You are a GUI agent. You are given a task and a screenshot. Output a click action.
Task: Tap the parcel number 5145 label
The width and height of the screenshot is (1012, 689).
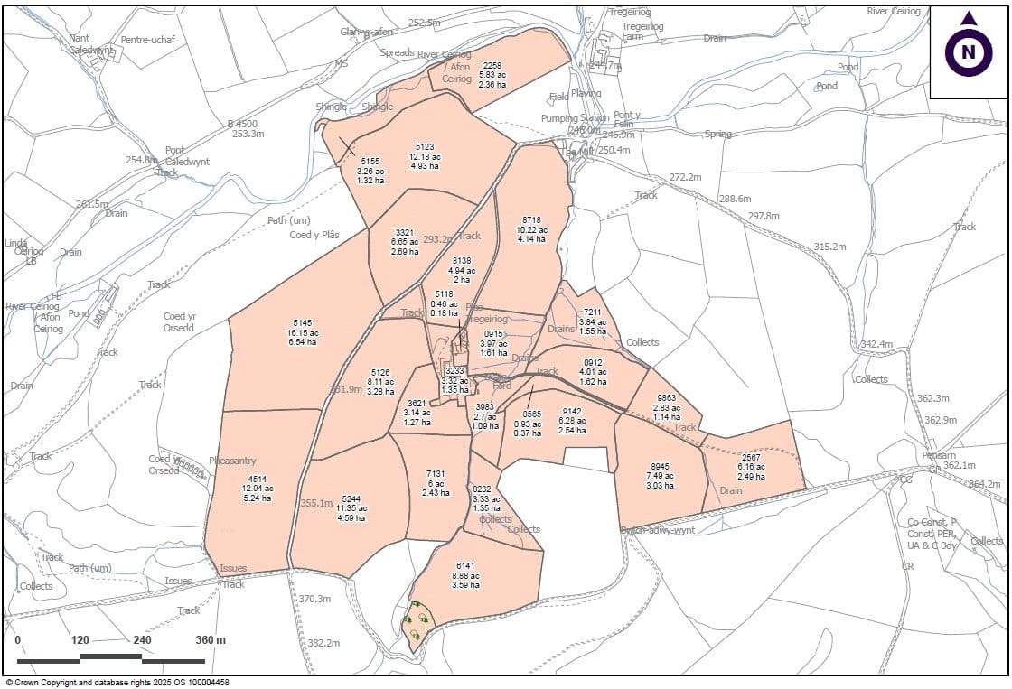coord(302,322)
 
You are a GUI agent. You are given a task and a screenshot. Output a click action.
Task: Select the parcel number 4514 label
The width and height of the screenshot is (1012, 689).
coord(257,479)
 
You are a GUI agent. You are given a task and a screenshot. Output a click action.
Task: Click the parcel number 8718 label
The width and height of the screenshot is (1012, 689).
coord(532,219)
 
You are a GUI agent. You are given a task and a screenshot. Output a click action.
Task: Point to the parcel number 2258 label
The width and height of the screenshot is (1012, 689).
coord(492,66)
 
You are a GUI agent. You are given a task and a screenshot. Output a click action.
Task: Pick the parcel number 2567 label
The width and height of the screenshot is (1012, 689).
coord(751,457)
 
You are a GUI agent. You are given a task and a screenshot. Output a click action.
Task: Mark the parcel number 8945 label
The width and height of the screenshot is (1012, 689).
coord(659,466)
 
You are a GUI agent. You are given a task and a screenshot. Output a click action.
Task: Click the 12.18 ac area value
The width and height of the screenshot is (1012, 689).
coord(425,156)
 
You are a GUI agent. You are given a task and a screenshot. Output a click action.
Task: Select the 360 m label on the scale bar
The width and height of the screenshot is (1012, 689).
coord(210,640)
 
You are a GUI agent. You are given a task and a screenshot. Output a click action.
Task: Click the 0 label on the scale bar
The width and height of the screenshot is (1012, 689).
coord(18,640)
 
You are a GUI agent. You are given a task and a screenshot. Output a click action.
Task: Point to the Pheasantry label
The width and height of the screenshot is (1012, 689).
coord(233,461)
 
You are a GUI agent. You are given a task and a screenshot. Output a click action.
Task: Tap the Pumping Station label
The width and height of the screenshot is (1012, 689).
coord(575,118)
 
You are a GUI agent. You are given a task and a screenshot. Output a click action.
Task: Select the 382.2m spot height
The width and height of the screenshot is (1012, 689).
coord(323,643)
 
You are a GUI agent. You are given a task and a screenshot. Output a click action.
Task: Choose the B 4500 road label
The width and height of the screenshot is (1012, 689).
coord(242,123)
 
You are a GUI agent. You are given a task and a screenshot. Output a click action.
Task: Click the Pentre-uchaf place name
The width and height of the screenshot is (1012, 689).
coord(146,41)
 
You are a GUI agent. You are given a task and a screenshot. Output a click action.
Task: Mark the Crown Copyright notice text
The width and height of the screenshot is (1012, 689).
coord(117,683)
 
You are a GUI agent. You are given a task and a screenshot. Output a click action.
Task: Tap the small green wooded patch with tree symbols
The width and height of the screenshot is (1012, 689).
coord(417,623)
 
